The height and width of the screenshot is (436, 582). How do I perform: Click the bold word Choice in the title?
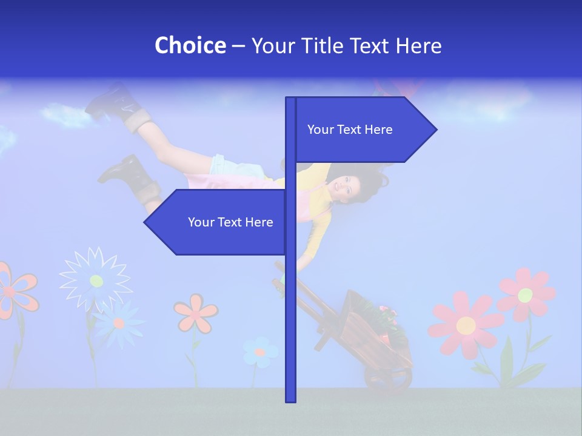tap(190, 46)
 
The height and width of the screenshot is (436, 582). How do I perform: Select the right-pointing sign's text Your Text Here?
tap(350, 130)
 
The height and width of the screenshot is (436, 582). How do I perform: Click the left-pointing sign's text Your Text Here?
tap(230, 222)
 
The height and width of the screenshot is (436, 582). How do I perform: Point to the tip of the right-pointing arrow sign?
tap(435, 129)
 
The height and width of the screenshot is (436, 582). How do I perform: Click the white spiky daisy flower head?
tap(95, 280)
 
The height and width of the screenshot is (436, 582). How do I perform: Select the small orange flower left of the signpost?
tap(196, 312)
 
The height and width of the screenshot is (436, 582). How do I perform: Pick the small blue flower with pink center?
tap(260, 352)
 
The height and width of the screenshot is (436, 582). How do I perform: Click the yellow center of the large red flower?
tap(466, 326)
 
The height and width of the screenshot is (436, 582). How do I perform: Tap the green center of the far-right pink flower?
tap(525, 295)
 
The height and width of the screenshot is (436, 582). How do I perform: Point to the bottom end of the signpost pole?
tap(291, 400)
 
